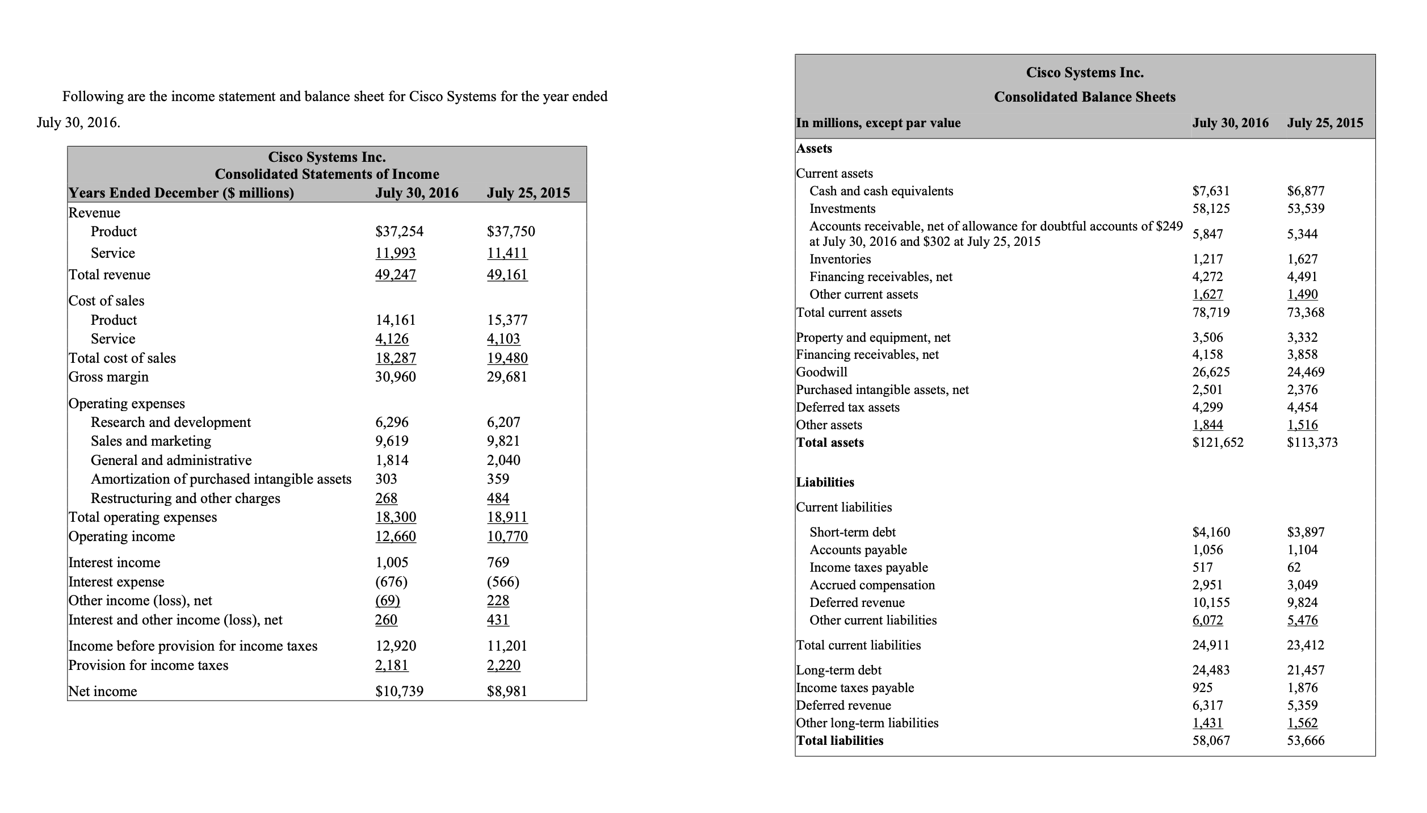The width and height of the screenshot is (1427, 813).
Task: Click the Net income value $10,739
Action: [399, 691]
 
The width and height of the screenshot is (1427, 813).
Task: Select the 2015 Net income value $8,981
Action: [507, 691]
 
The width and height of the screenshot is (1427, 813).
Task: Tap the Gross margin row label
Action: [108, 377]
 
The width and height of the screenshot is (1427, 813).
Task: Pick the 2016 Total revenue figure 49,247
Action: [396, 275]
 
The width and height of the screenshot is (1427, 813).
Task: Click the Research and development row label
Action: [170, 422]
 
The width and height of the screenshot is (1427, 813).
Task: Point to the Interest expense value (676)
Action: [391, 582]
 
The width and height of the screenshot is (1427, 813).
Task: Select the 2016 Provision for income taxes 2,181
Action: [392, 665]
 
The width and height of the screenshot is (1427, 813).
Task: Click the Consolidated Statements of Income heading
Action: [327, 174]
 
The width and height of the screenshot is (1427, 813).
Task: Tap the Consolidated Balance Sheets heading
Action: [1085, 97]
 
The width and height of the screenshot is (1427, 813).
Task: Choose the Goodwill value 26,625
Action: [1211, 372]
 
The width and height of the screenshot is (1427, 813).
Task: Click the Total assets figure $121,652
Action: [1218, 442]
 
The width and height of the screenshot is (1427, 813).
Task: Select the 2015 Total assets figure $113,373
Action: [1312, 442]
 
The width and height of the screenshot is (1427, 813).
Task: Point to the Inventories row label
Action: [840, 259]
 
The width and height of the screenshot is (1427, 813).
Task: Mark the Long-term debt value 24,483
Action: [1211, 670]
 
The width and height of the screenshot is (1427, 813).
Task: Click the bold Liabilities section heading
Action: [825, 482]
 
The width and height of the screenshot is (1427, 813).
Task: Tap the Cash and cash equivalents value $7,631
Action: [1211, 191]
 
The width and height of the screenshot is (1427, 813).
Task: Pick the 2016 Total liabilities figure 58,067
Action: [1211, 740]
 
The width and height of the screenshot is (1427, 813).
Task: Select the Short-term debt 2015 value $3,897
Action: [1306, 532]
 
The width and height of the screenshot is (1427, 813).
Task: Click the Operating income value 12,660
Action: [396, 537]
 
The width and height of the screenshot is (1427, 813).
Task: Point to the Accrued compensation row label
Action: [872, 585]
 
